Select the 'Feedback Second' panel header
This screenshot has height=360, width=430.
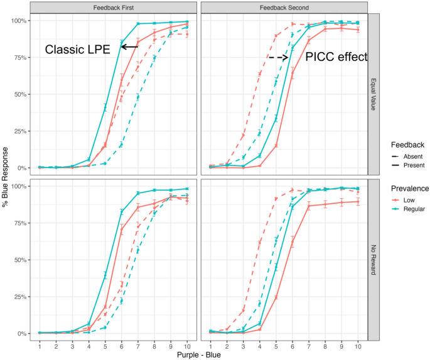[x=284, y=6]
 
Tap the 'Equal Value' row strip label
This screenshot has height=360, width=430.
[x=374, y=93]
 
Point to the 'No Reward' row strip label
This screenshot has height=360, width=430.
[x=374, y=259]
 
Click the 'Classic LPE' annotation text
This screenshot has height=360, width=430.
[x=80, y=49]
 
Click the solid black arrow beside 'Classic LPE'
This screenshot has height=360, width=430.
[x=130, y=47]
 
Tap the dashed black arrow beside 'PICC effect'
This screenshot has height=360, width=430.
[x=279, y=57]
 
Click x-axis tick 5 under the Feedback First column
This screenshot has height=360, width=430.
[x=105, y=346]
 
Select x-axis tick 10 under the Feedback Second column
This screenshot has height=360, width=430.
[x=358, y=346]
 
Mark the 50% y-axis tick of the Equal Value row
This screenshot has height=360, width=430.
[x=17, y=95]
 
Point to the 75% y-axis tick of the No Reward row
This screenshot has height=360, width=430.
[x=17, y=223]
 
